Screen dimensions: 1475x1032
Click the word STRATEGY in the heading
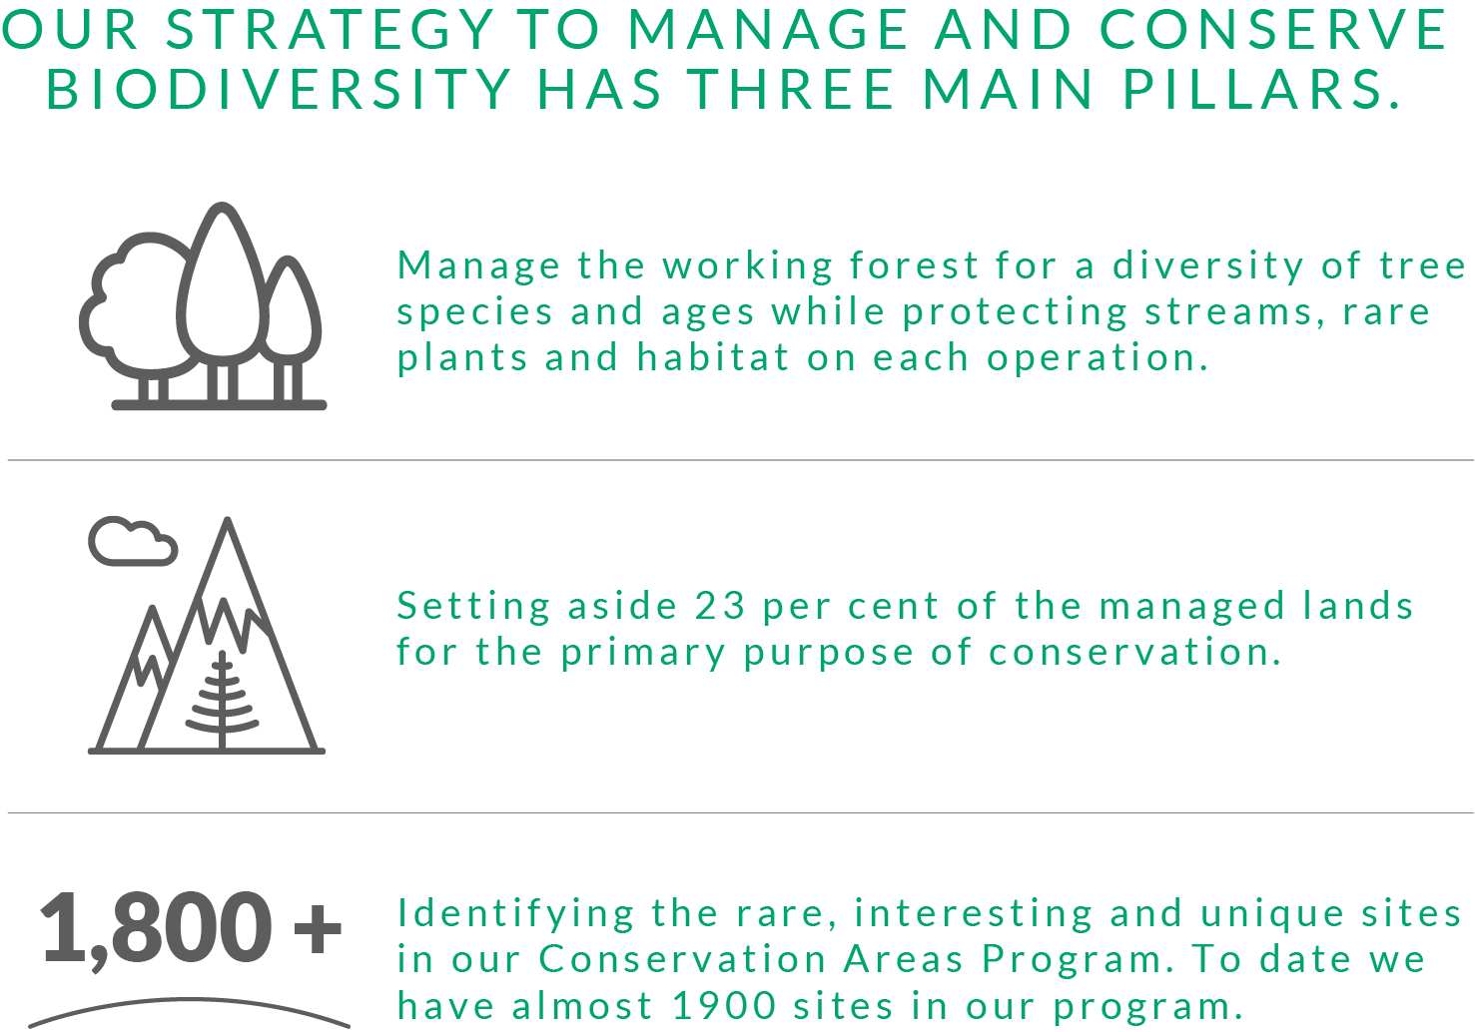(x=330, y=30)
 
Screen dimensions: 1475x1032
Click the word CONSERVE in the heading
(x=1272, y=30)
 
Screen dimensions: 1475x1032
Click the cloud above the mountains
(x=133, y=541)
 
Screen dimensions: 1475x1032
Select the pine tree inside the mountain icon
(x=222, y=699)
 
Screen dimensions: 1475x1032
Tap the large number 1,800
(x=156, y=929)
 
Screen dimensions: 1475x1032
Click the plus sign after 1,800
(x=318, y=928)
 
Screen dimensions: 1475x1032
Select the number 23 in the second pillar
(x=720, y=606)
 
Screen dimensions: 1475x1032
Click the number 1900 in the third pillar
(x=724, y=1006)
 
